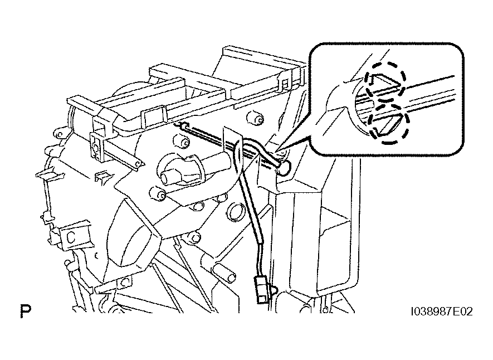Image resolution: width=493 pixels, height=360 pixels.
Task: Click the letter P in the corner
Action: pyautogui.click(x=26, y=310)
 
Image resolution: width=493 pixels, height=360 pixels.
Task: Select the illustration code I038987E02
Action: pyautogui.click(x=441, y=312)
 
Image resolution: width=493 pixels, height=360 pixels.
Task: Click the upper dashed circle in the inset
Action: pyautogui.click(x=385, y=81)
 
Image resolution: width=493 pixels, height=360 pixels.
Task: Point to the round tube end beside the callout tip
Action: pyautogui.click(x=284, y=167)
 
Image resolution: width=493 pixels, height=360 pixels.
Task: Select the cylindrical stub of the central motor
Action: pyautogui.click(x=170, y=178)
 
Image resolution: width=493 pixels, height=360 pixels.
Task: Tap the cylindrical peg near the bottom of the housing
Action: pyautogui.click(x=226, y=273)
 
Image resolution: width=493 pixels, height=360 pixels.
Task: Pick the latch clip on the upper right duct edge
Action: pyautogui.click(x=285, y=82)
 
